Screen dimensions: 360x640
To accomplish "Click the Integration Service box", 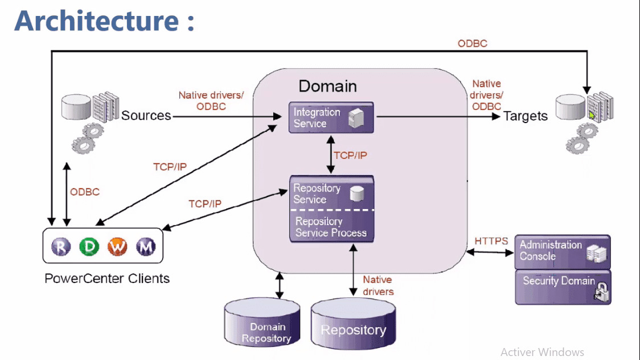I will [331, 118].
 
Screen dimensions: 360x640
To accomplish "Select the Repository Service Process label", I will [331, 227].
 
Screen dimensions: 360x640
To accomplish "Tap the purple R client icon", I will [61, 247].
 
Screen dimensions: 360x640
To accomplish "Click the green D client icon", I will [89, 247].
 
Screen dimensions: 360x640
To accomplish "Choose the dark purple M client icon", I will [146, 247].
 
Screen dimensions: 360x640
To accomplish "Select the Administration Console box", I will [562, 251].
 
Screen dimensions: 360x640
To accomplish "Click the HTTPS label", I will [491, 241].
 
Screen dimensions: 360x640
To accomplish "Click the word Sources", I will [146, 116].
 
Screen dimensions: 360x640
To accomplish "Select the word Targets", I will [525, 116].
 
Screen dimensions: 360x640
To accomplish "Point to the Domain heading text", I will [327, 87].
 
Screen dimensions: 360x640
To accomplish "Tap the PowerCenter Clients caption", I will [107, 279].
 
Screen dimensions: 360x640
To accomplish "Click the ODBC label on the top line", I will [472, 43].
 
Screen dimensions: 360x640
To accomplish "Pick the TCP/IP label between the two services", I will [350, 156].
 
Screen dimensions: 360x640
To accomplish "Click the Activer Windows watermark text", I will [542, 352].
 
